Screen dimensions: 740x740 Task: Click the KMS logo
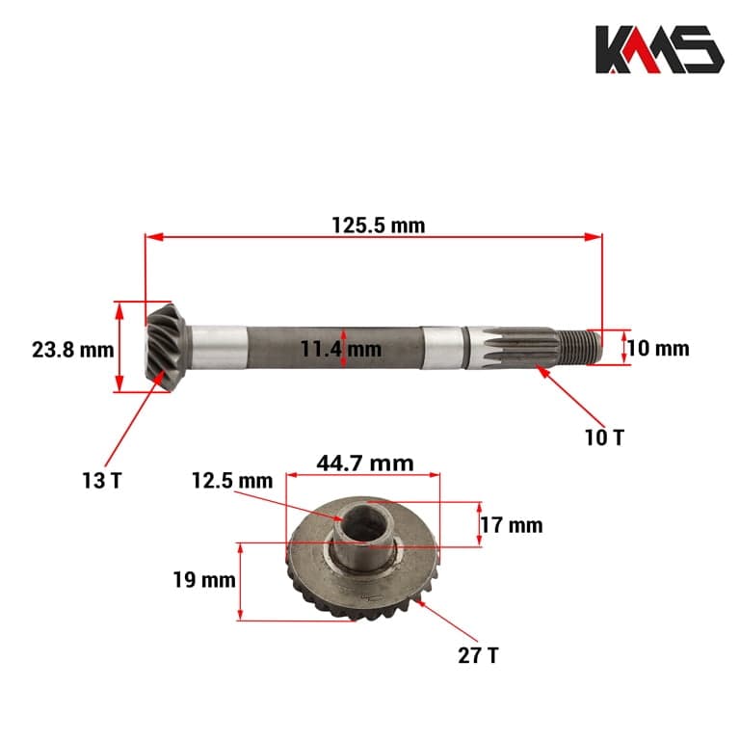click(658, 49)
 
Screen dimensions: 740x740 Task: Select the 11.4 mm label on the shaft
click(340, 349)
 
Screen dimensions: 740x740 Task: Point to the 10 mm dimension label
click(658, 348)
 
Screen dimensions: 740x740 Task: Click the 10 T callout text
click(604, 436)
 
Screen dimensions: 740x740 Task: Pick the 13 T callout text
click(101, 479)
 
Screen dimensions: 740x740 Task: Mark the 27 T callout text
click(478, 655)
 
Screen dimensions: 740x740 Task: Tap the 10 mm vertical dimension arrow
click(623, 347)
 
